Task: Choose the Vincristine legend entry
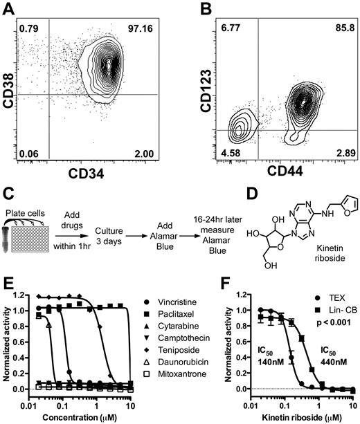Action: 163,302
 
